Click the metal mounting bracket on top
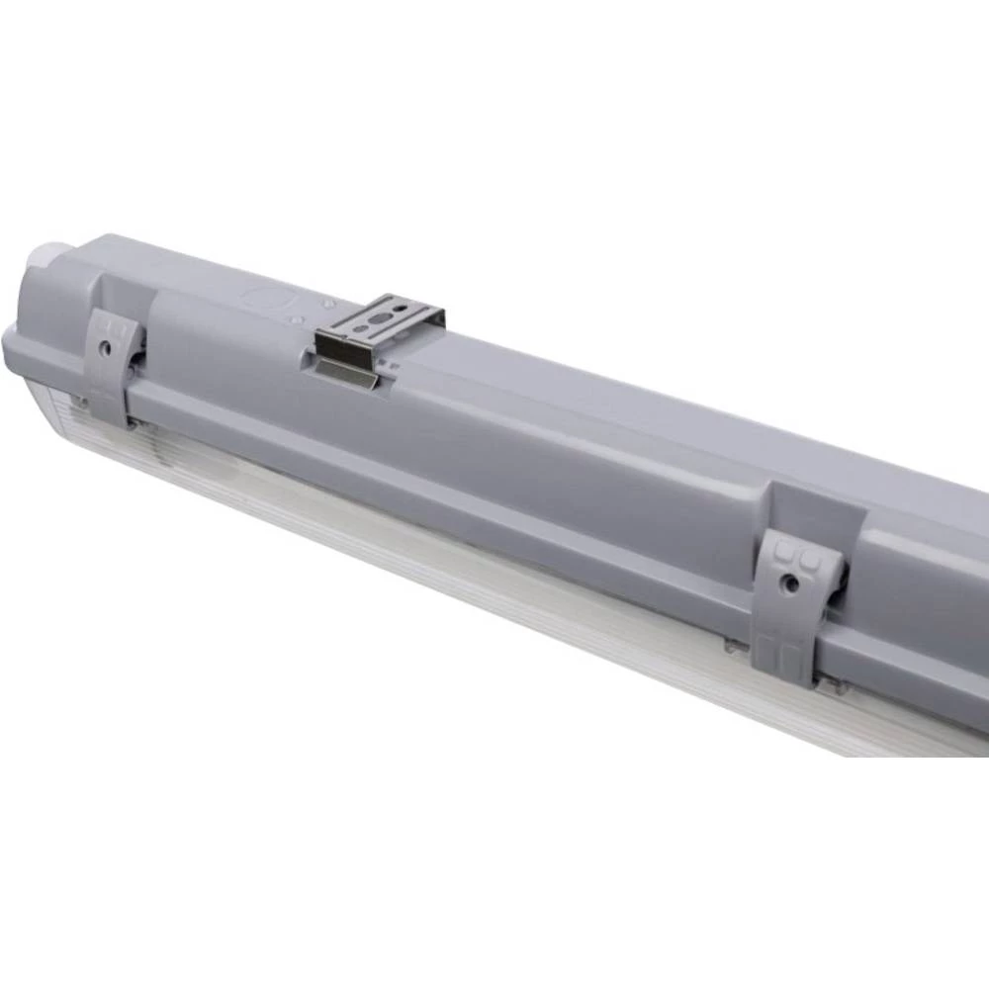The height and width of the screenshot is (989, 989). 381,326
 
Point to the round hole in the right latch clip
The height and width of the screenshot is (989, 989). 791,584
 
